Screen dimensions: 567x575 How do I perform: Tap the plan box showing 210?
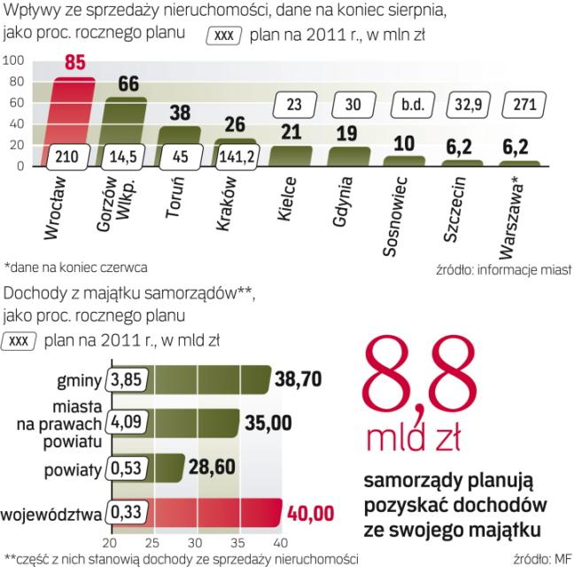pyautogui.click(x=74, y=154)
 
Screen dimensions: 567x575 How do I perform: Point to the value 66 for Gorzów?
pyautogui.click(x=128, y=83)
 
